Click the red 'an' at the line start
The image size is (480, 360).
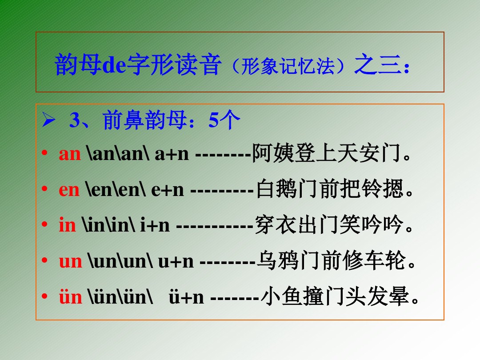click(x=70, y=154)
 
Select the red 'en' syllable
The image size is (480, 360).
click(x=69, y=190)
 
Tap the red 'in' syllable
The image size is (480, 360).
click(x=67, y=225)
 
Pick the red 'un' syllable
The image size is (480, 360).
click(x=71, y=261)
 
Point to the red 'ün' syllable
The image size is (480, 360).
click(x=71, y=297)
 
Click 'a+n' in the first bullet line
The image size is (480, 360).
click(x=172, y=154)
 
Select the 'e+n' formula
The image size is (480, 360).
click(x=167, y=190)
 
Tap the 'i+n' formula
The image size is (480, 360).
click(x=155, y=225)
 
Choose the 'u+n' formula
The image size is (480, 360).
click(x=176, y=261)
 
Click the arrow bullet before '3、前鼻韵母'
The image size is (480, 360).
click(x=47, y=121)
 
